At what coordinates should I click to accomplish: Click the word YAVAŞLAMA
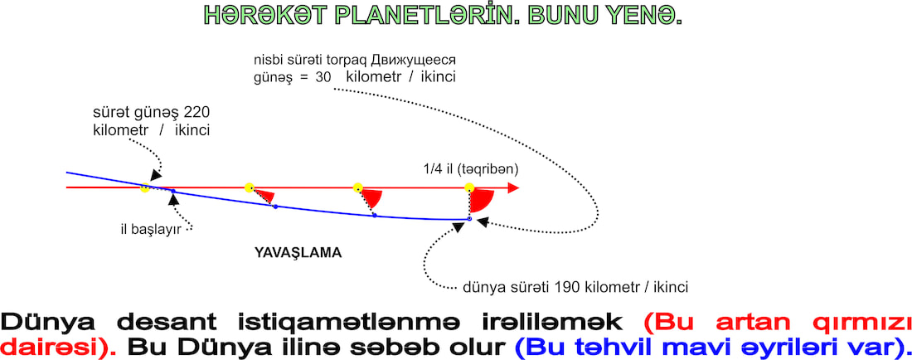pyautogui.click(x=298, y=254)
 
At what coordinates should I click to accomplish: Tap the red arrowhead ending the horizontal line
pyautogui.click(x=513, y=187)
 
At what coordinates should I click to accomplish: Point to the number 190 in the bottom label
pyautogui.click(x=566, y=287)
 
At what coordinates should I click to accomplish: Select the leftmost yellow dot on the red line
pyautogui.click(x=145, y=187)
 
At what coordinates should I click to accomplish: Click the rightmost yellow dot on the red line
pyautogui.click(x=469, y=187)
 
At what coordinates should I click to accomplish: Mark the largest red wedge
pyautogui.click(x=482, y=200)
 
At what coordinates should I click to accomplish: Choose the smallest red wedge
pyautogui.click(x=264, y=196)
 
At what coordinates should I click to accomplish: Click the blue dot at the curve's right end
pyautogui.click(x=469, y=219)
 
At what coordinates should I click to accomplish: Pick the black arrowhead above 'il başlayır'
pyautogui.click(x=172, y=199)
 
